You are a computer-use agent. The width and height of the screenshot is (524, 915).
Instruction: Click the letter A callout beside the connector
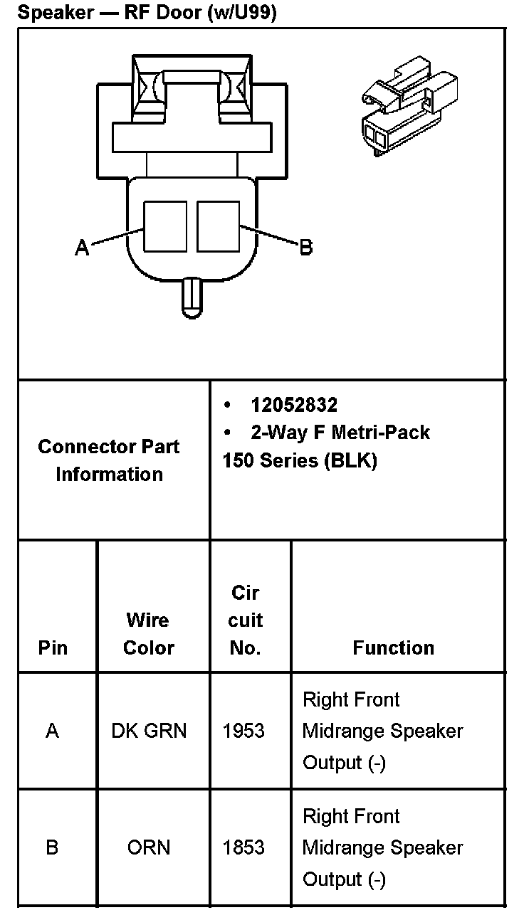(83, 248)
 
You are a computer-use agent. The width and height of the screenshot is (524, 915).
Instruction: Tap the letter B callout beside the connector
(305, 248)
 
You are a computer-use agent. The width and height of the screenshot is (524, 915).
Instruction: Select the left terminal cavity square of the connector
(165, 226)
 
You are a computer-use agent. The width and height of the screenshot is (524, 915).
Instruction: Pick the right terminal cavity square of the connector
(219, 226)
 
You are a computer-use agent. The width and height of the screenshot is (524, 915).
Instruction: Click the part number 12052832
(293, 405)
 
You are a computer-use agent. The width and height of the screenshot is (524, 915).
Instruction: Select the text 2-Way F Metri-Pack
(340, 432)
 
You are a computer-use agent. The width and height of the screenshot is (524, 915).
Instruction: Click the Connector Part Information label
(109, 460)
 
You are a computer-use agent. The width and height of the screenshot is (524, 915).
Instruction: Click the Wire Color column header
(149, 633)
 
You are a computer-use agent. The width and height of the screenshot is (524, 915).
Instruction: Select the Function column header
(393, 647)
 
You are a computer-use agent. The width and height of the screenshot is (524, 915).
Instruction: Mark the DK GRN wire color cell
(149, 731)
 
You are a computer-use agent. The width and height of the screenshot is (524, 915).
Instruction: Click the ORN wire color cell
(149, 847)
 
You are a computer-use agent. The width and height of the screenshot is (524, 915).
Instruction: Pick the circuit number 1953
(243, 731)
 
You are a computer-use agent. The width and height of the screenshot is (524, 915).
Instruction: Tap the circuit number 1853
(243, 847)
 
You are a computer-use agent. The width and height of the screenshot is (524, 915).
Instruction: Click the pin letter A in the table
(52, 731)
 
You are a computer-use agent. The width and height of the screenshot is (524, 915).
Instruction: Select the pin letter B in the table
(52, 847)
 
